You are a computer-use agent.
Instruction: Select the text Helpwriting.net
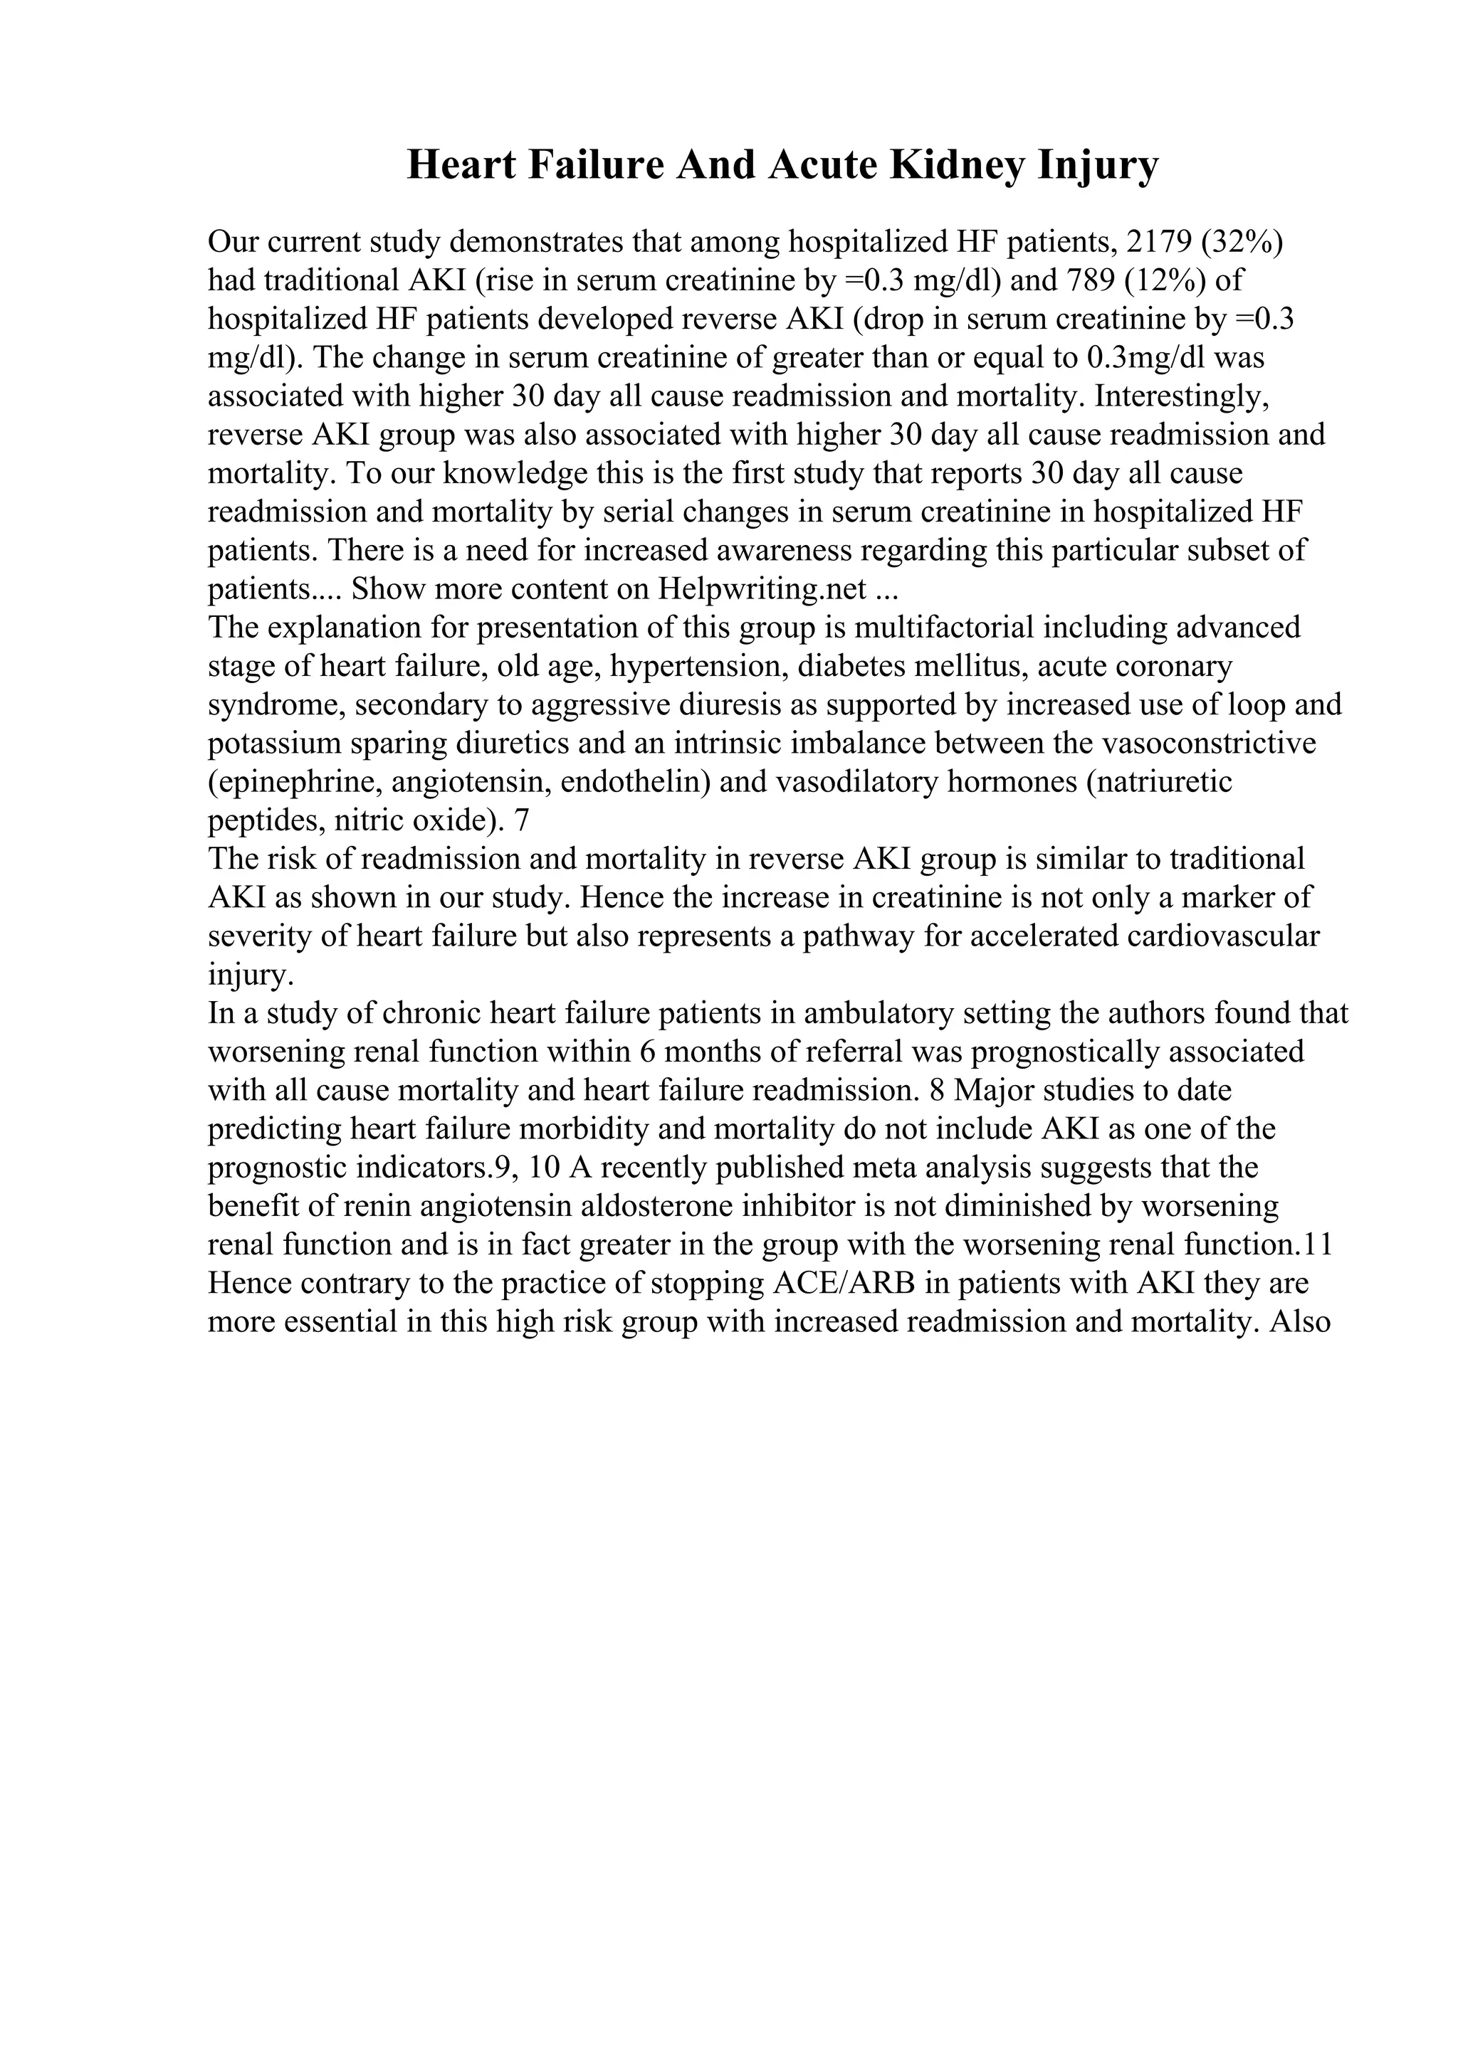(x=762, y=589)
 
